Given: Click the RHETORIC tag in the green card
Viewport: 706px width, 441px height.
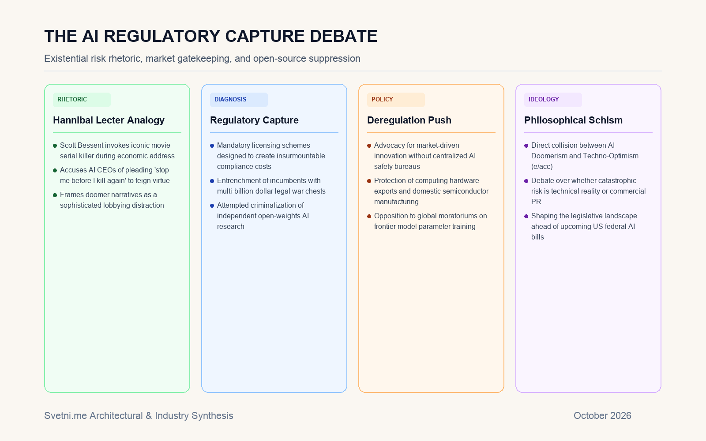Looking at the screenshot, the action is pyautogui.click(x=82, y=100).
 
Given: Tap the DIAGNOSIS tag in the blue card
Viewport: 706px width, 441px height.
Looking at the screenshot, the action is pyautogui.click(x=239, y=100).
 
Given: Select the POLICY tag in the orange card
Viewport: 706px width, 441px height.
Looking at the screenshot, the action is pyautogui.click(x=396, y=100).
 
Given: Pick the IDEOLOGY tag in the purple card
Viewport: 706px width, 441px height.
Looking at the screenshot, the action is pyautogui.click(x=553, y=100).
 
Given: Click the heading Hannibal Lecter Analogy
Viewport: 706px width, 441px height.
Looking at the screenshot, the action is pyautogui.click(x=109, y=120).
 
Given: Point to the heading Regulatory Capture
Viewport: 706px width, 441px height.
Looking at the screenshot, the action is pyautogui.click(x=254, y=120).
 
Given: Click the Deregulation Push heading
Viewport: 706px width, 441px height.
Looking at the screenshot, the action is pyautogui.click(x=409, y=120).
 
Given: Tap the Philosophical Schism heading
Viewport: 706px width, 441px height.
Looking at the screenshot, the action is pyautogui.click(x=573, y=120).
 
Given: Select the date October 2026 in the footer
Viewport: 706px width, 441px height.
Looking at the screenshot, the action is pyautogui.click(x=602, y=416).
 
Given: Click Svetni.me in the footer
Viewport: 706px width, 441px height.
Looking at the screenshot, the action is pyautogui.click(x=66, y=416).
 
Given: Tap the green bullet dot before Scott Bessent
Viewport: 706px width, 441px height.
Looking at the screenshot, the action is pyautogui.click(x=55, y=146).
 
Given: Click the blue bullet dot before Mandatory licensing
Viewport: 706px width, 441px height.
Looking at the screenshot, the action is pyautogui.click(x=212, y=146).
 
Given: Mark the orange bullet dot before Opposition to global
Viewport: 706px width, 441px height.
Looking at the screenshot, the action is pyautogui.click(x=369, y=216).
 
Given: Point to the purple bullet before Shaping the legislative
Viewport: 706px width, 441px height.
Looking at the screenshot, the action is pyautogui.click(x=526, y=216).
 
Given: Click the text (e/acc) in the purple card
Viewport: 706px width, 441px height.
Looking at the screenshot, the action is pyautogui.click(x=542, y=167).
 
